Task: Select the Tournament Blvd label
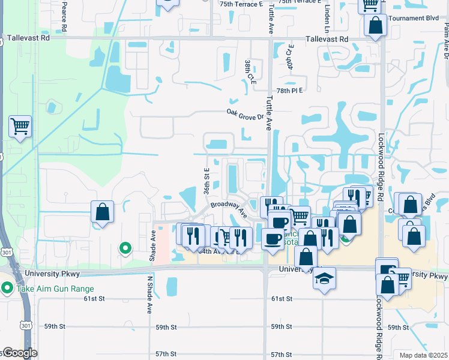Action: [414, 18]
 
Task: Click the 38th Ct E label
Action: [248, 70]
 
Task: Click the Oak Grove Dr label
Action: [245, 113]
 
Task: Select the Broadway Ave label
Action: [229, 209]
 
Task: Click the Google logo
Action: [19, 353]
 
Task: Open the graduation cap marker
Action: [324, 278]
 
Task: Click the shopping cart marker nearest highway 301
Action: [20, 127]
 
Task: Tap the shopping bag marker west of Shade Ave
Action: [102, 212]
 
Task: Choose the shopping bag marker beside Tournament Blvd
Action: [375, 26]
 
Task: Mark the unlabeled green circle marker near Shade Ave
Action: [125, 247]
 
